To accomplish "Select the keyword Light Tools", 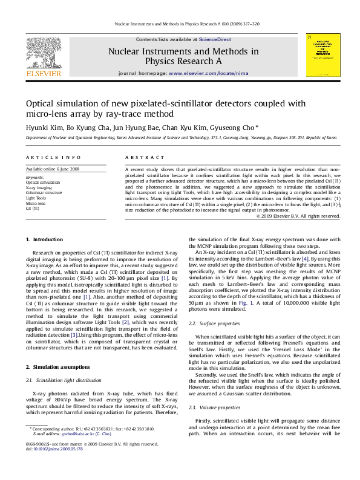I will click(36, 198).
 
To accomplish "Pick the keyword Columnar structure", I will click(42, 193).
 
